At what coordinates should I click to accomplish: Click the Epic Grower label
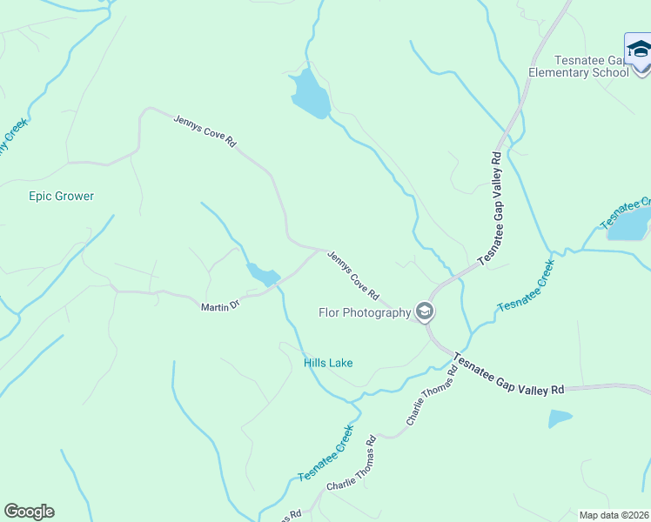pyautogui.click(x=61, y=197)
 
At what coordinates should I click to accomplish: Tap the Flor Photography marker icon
pyautogui.click(x=425, y=311)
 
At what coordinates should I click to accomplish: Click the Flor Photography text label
pyautogui.click(x=365, y=313)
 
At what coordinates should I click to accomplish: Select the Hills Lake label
pyautogui.click(x=328, y=363)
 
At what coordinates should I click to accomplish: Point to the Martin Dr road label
pyautogui.click(x=219, y=307)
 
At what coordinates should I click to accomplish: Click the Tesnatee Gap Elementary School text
pyautogui.click(x=579, y=66)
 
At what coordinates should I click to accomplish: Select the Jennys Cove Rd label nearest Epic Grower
pyautogui.click(x=205, y=130)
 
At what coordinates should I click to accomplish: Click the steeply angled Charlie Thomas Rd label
pyautogui.click(x=431, y=396)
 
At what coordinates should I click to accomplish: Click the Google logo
pyautogui.click(x=29, y=512)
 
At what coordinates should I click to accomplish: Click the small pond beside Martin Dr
pyautogui.click(x=261, y=275)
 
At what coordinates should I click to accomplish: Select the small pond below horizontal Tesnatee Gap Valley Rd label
pyautogui.click(x=560, y=418)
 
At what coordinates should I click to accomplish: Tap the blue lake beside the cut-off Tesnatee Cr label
pyautogui.click(x=628, y=224)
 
